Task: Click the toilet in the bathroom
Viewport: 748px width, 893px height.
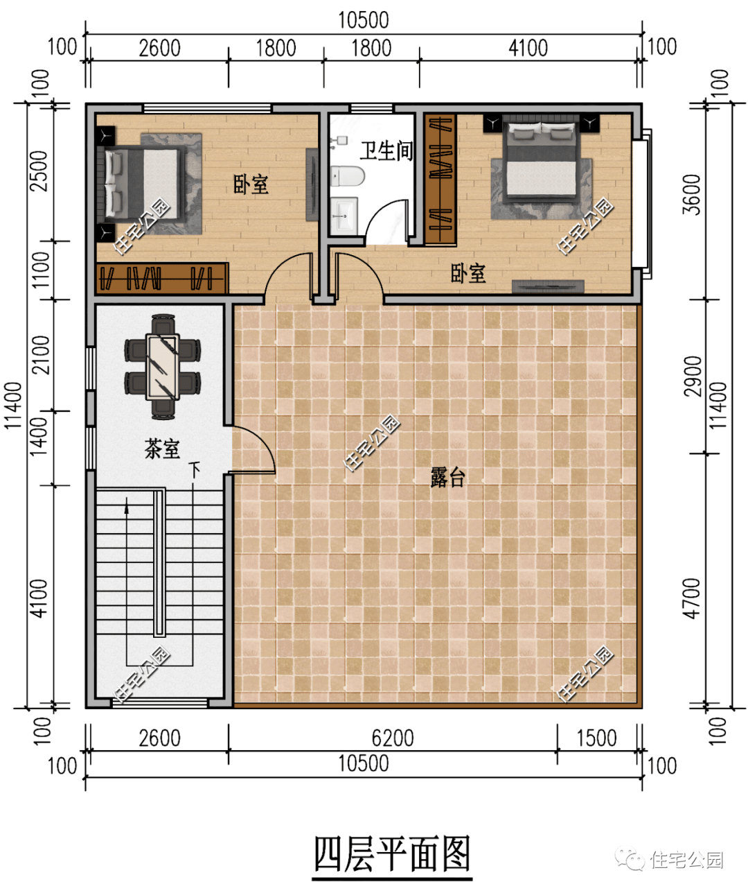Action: (x=348, y=176)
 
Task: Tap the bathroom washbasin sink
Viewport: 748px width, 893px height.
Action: (x=344, y=216)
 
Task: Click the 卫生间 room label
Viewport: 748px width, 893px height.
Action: (x=386, y=150)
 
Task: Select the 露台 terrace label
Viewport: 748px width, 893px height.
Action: (x=447, y=477)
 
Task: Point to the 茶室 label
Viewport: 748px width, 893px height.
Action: (x=162, y=449)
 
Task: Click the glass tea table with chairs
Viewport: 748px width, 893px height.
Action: (x=162, y=367)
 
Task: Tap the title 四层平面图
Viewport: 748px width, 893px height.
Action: (x=392, y=854)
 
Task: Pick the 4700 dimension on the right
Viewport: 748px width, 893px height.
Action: (x=692, y=598)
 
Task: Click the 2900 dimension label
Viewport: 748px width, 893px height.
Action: (x=692, y=376)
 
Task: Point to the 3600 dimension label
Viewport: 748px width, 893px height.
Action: (x=692, y=195)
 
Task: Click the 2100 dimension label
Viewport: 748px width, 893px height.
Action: (x=41, y=355)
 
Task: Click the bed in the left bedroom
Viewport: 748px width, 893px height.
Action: (x=141, y=184)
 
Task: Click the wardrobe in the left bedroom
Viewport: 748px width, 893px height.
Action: (x=162, y=279)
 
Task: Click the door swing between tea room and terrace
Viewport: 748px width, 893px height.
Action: (x=253, y=450)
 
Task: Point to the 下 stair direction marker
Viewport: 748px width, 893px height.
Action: (x=195, y=470)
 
